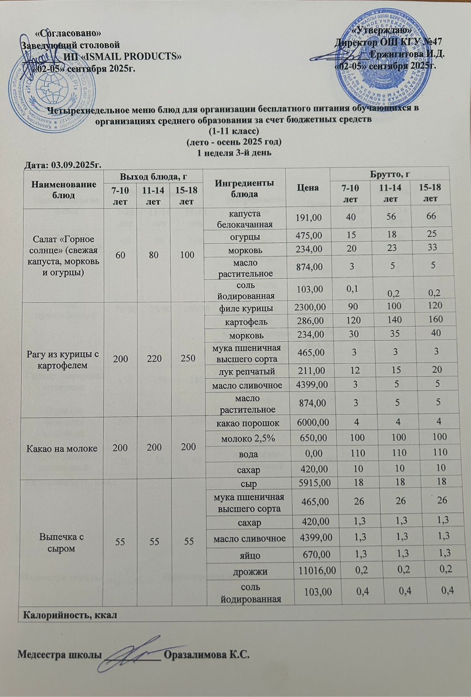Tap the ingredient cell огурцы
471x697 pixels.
coord(245,237)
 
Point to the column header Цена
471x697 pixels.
coord(308,187)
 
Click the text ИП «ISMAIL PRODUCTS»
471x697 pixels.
coord(122,56)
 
